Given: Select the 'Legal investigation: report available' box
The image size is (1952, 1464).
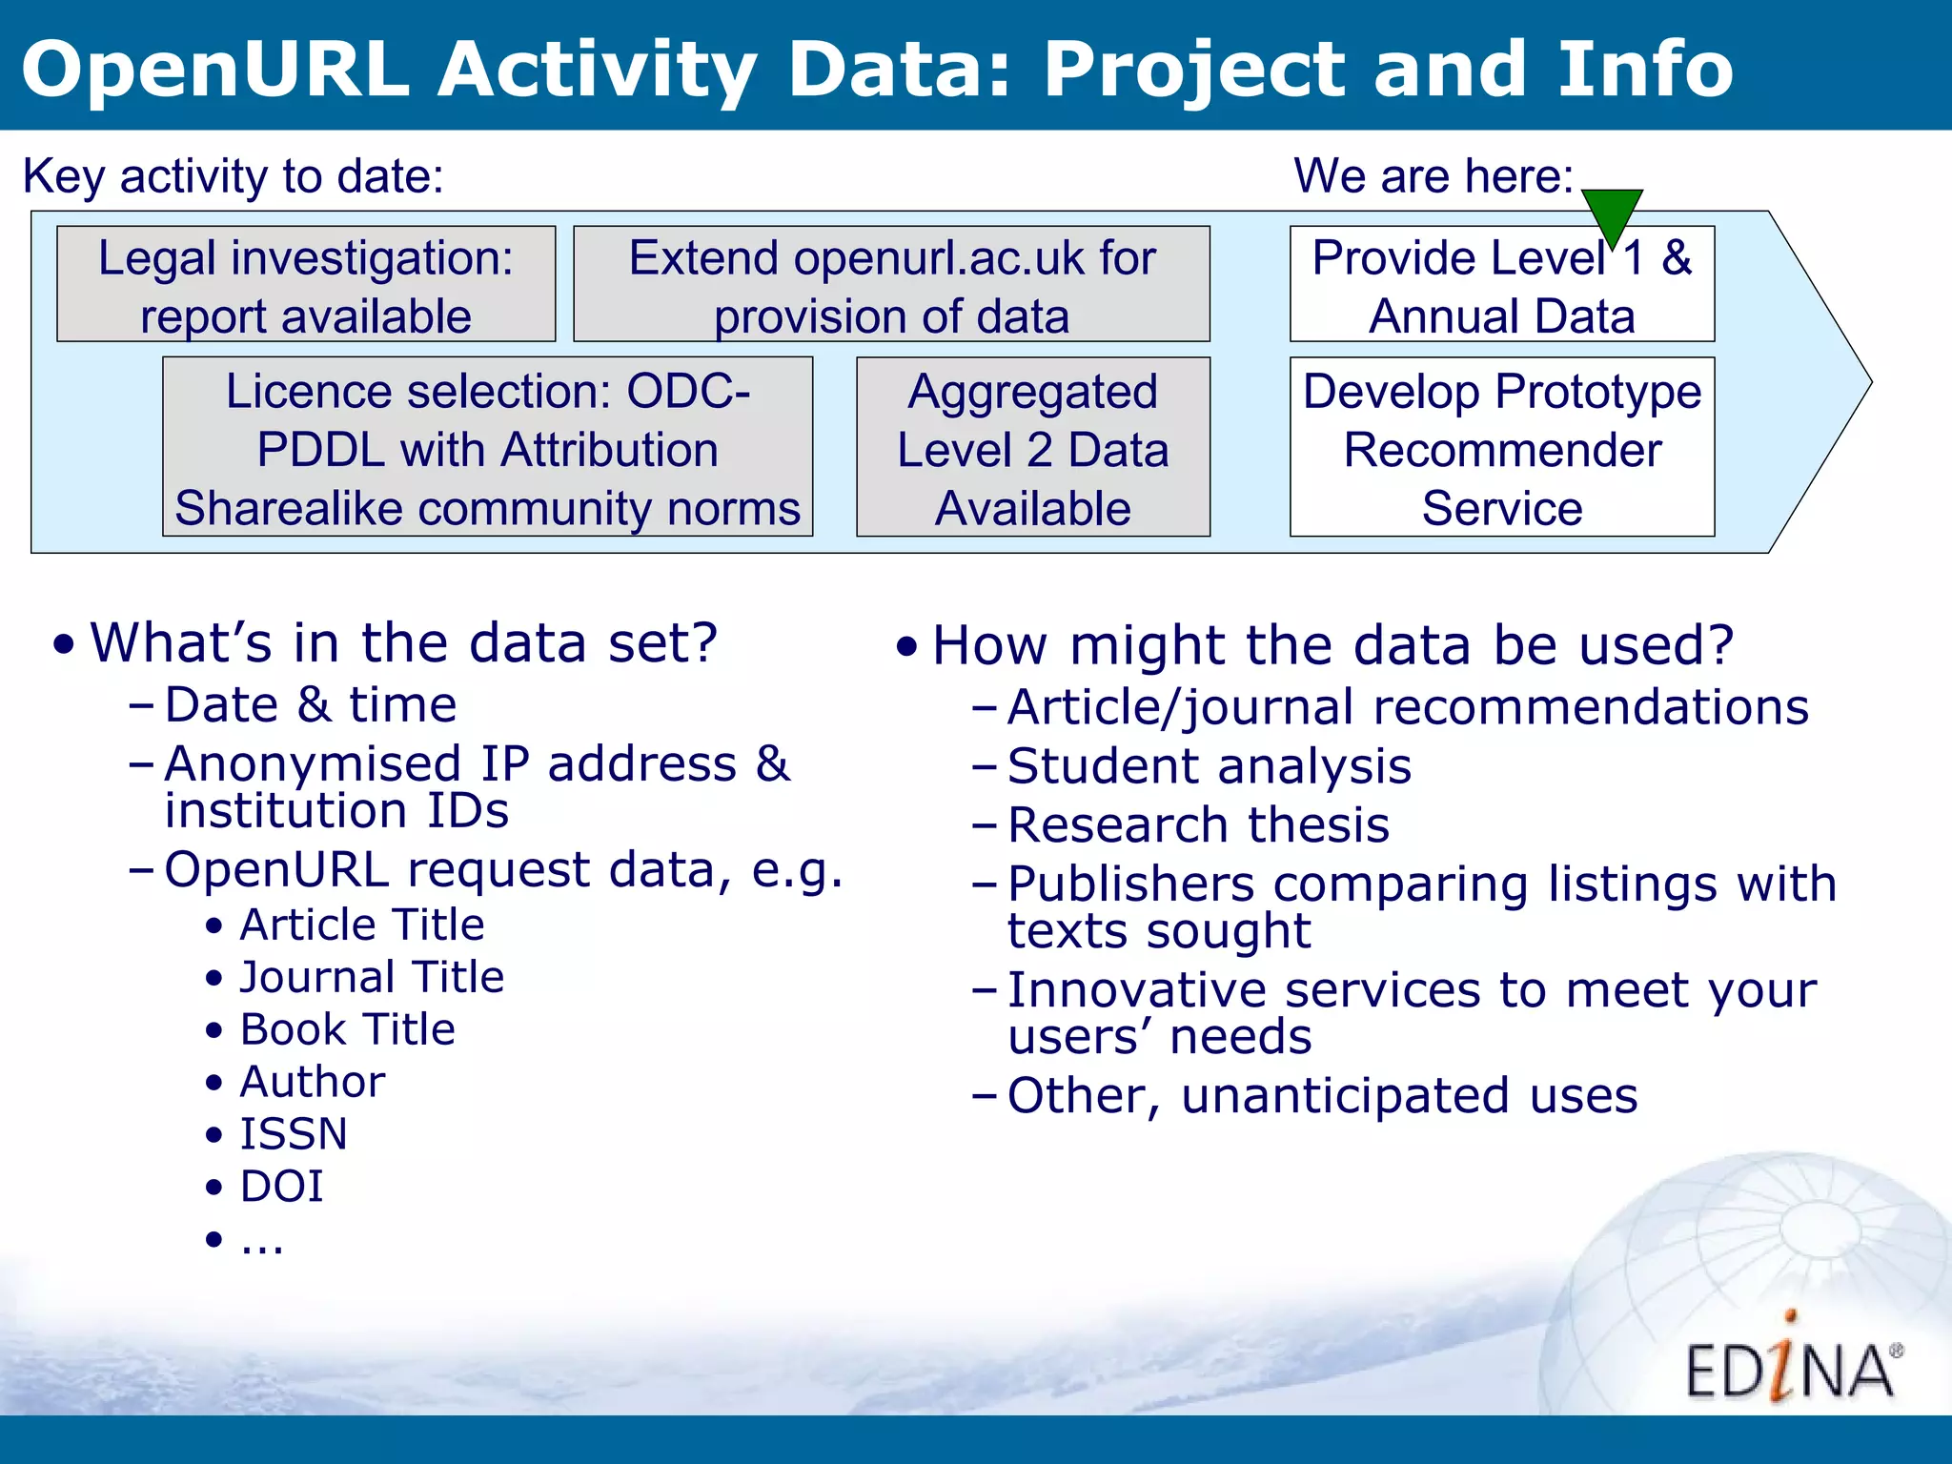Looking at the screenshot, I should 306,284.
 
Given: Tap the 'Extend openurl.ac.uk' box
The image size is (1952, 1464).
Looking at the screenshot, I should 891,284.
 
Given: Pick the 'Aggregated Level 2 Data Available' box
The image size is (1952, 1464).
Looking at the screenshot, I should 1032,447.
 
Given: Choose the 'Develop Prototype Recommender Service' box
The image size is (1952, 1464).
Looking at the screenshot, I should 1501,447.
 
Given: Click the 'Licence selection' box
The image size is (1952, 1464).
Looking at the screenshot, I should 487,447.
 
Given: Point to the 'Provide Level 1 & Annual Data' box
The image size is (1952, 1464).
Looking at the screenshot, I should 1501,284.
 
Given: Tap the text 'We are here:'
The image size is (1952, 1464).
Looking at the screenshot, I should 1433,176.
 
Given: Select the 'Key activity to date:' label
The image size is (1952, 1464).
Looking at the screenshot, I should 234,176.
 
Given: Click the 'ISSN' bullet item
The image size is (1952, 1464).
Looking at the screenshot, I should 294,1134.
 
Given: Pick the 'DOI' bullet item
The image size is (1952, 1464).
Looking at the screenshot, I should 282,1187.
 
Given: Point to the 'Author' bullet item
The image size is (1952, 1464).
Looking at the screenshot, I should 313,1082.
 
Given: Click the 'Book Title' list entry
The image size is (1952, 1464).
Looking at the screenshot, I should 348,1029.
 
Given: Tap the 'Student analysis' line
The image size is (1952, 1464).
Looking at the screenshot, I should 1209,766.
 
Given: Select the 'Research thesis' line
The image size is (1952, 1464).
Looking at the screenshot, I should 1198,825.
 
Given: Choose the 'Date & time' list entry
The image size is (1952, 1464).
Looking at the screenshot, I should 311,705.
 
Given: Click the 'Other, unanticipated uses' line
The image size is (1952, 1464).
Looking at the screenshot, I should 1322,1096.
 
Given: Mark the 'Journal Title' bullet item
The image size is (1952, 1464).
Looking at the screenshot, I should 372,977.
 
